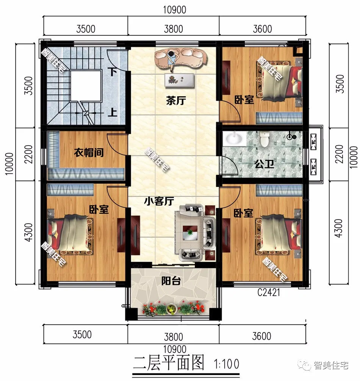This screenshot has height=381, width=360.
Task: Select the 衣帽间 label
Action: pos(89,153)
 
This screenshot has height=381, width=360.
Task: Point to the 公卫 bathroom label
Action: pos(261,165)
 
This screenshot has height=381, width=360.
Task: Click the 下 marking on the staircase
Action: pos(111,71)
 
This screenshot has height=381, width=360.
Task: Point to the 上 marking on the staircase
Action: pos(112,113)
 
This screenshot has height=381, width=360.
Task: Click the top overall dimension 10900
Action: pos(175,10)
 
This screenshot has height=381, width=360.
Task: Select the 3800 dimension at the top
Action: pos(174,29)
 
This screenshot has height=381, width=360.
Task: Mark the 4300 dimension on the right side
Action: pos(340,228)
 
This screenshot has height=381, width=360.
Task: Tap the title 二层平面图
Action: pos(169,364)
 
